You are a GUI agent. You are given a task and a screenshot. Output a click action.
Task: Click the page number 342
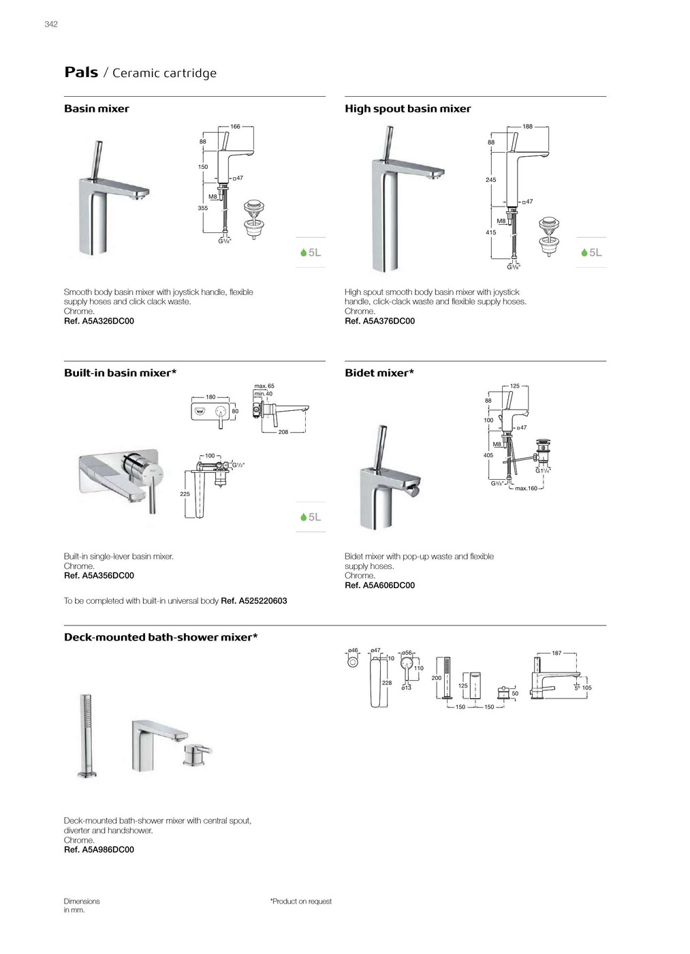(51, 25)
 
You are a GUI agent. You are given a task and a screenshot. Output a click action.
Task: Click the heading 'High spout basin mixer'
(407, 109)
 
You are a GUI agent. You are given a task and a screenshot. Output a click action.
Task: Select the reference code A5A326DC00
(108, 321)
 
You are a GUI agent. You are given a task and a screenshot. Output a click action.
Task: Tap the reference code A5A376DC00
(388, 321)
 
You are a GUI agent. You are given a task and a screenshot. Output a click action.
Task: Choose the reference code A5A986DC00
(108, 850)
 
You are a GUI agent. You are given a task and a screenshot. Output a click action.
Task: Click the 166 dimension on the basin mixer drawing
(235, 127)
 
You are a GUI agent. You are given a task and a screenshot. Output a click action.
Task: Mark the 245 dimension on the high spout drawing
(490, 180)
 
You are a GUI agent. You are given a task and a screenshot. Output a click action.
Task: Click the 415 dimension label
(490, 232)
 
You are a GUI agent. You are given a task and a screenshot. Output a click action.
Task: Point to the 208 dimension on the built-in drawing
(283, 432)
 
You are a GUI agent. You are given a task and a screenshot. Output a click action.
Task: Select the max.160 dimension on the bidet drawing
(526, 489)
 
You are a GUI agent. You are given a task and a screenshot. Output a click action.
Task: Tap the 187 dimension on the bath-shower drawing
(556, 653)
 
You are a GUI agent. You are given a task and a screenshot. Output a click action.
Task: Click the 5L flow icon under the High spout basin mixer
(591, 253)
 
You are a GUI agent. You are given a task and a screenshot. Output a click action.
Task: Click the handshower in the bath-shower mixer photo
(87, 736)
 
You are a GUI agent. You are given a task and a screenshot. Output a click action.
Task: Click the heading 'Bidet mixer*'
(379, 373)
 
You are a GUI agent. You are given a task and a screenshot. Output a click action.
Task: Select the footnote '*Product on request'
(301, 902)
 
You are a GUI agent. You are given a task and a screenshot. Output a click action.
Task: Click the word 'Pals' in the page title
(81, 72)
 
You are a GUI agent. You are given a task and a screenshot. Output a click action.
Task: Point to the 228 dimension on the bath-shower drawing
(386, 683)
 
